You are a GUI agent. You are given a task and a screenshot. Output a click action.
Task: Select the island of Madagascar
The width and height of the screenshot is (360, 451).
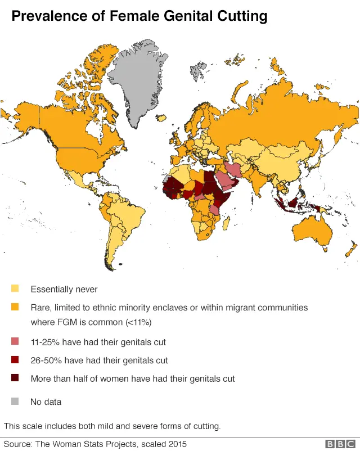[226, 224]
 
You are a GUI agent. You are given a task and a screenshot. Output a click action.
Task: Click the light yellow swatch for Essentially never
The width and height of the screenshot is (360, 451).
[15, 289]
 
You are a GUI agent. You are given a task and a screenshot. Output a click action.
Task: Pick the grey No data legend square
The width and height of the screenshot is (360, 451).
[15, 402]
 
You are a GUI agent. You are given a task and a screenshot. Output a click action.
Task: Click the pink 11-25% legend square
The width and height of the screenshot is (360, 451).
[15, 341]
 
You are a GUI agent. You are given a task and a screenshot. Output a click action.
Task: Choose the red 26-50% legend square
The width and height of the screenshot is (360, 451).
[15, 360]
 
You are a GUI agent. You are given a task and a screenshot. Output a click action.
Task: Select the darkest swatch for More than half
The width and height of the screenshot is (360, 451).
[15, 378]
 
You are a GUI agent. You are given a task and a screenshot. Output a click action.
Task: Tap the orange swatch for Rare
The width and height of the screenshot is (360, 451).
[15, 308]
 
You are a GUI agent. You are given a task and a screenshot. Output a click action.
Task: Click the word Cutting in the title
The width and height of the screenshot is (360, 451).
[241, 17]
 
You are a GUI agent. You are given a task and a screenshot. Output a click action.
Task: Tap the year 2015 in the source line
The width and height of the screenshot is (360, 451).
[176, 444]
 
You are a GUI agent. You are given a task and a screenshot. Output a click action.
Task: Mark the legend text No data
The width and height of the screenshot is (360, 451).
[46, 402]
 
